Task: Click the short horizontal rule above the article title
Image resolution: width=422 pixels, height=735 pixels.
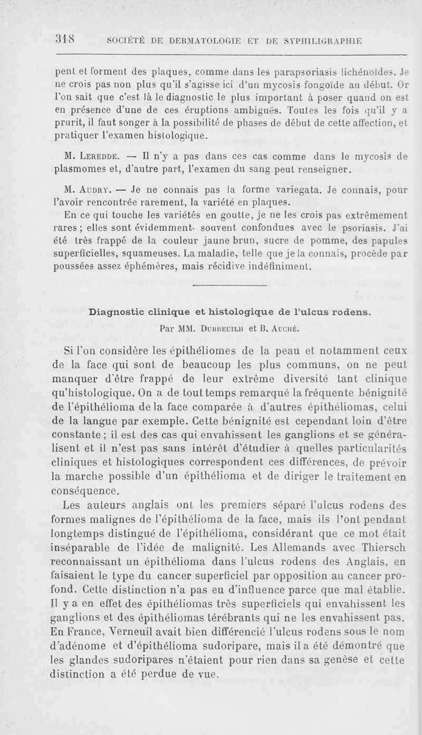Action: pos(228,285)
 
